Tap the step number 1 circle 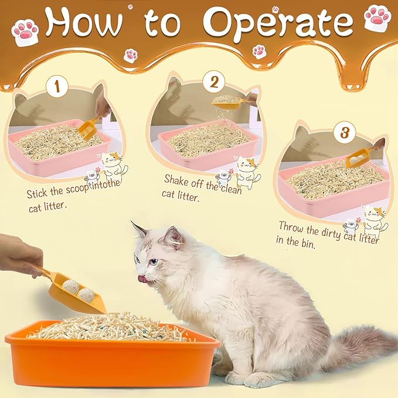(57, 87)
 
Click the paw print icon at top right (376, 18)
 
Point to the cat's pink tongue (142, 277)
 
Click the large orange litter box (111, 358)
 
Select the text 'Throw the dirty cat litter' (328, 230)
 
